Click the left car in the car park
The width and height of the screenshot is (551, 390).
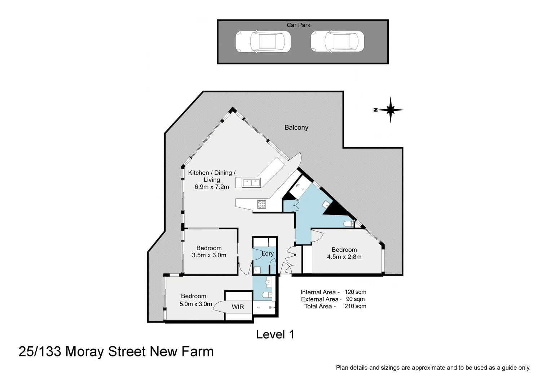coord(263,42)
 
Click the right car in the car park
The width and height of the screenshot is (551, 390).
coord(337,42)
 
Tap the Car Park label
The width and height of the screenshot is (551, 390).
coord(298,25)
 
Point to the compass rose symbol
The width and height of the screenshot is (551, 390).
coord(390,110)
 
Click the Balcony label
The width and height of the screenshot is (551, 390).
coord(296,127)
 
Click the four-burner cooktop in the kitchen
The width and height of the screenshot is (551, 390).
coord(261,204)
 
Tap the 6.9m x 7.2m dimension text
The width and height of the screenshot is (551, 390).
coord(212,187)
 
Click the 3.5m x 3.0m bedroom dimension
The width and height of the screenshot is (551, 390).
coord(209,255)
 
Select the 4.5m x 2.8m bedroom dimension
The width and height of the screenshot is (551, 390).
coord(344,257)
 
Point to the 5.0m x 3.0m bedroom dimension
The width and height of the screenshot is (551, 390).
coord(195,304)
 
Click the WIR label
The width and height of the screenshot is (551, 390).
coord(238,307)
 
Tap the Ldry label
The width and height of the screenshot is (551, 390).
coord(268,253)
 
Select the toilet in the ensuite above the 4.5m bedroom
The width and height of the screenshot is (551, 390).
coord(348,224)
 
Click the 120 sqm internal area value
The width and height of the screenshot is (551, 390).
coord(355,292)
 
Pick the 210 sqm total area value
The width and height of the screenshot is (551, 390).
coord(355,306)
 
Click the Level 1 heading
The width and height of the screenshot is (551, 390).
coord(275,334)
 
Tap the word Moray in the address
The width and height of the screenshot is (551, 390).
coord(85,351)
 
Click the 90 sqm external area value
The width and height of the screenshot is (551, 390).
coord(355,299)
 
